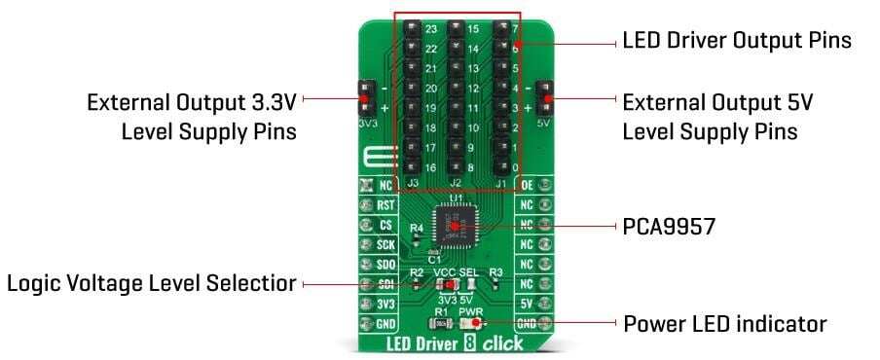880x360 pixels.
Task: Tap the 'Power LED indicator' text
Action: (x=724, y=323)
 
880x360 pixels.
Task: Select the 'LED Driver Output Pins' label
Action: (x=737, y=42)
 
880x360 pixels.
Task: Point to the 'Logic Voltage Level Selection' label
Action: (x=152, y=284)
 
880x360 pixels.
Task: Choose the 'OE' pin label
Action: (x=527, y=185)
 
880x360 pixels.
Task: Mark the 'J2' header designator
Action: (x=455, y=182)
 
